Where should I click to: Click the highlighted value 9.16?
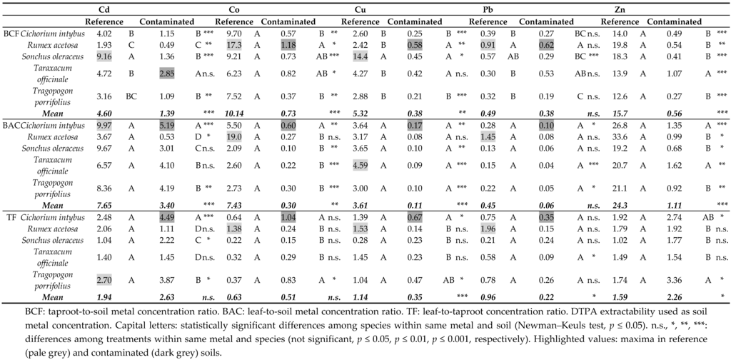[105, 56]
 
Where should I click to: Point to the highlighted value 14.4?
[360, 56]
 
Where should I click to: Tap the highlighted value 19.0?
[236, 136]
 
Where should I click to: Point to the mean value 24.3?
[610, 204]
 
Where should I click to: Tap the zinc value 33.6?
[610, 136]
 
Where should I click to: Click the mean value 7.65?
[105, 204]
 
